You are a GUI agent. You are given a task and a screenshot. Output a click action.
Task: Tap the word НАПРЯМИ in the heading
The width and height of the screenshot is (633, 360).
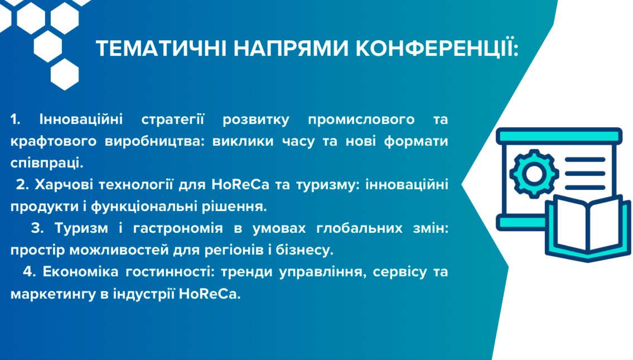coord(291,49)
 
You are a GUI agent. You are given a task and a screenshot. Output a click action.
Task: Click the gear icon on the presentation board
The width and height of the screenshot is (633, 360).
coord(534,174)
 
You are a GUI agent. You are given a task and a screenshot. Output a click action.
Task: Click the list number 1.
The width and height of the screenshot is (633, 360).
coord(16,119)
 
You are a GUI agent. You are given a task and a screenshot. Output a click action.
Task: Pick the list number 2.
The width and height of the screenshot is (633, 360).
coord(23,185)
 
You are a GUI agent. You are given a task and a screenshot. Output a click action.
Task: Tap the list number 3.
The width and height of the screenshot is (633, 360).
coord(37,228)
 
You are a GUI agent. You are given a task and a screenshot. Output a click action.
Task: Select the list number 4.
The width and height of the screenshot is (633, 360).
coord(30,271)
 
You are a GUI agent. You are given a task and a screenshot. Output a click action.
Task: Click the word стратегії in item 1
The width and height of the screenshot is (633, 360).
coord(173,120)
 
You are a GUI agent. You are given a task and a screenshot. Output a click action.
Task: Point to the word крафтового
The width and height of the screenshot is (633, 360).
coord(54,142)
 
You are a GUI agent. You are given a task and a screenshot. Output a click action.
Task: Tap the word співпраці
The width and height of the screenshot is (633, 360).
coord(47,163)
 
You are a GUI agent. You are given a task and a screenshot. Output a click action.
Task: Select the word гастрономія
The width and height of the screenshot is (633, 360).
coord(178,229)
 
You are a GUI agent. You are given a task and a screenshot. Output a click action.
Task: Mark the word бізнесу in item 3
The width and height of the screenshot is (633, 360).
coord(305,250)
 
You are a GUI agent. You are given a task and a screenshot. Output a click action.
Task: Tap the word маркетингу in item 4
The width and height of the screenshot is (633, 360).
coord(53,294)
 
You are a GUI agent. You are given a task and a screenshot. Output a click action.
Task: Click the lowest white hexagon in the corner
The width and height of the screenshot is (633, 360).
coord(65,74)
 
